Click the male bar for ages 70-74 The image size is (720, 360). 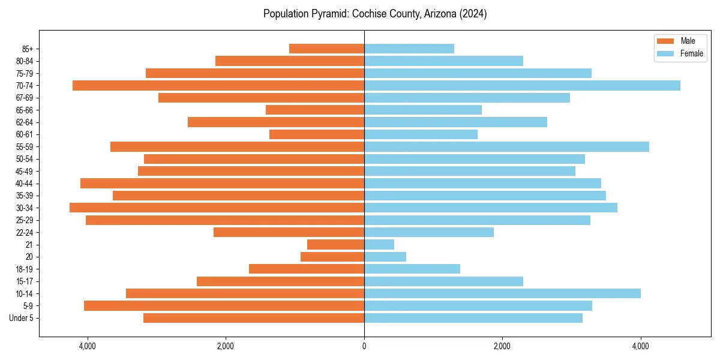(218, 85)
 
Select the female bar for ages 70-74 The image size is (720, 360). (522, 85)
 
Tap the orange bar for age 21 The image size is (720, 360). (335, 244)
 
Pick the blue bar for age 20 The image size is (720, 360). (385, 257)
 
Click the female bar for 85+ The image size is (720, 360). (409, 49)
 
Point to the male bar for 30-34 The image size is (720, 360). (217, 208)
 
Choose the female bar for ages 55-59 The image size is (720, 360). (506, 146)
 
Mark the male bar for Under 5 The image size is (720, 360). (254, 318)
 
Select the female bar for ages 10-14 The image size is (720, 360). (502, 293)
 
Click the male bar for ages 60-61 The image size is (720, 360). (317, 134)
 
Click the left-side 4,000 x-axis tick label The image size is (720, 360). (87, 347)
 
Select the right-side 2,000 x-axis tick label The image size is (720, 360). (502, 347)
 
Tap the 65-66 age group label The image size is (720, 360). (25, 110)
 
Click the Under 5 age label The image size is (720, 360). (22, 318)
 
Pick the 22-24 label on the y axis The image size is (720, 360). (25, 232)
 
